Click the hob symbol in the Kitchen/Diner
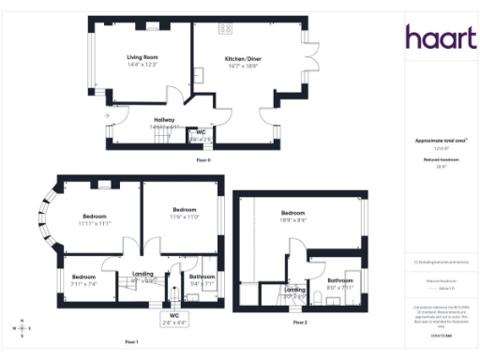point(225,28)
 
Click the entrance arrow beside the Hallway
point(109,116)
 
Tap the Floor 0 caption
point(203,159)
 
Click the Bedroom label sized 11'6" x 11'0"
point(184,212)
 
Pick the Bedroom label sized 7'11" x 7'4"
point(84,278)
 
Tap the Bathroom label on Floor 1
point(202,278)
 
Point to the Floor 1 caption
point(131,342)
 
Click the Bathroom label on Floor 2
point(339,282)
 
